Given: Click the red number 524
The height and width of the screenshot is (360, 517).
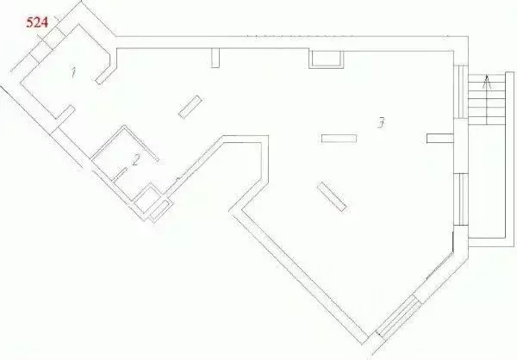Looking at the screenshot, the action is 37,22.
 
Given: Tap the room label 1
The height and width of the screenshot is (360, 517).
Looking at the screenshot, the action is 73,72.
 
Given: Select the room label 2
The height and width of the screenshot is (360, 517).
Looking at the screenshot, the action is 135,160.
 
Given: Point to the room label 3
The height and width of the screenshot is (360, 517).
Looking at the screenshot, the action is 381,122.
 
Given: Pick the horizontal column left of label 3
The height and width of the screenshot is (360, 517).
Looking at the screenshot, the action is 339,139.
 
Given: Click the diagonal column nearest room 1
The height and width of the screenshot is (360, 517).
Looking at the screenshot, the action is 190,107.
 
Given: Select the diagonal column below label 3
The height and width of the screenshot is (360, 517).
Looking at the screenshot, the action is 332,196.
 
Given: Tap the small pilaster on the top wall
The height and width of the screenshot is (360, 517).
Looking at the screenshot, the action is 215,58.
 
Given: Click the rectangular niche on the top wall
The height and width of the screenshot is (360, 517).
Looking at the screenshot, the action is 326,59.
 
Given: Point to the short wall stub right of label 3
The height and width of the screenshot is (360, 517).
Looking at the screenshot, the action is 440,138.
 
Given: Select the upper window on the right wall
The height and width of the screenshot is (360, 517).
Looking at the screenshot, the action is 461,91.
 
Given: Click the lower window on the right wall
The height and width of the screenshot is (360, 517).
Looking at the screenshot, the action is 461,199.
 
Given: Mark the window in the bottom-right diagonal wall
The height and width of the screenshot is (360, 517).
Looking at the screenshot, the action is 399,316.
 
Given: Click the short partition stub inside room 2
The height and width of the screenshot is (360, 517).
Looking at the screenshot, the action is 120,174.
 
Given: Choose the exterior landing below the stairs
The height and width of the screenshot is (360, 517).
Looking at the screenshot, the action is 487,182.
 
